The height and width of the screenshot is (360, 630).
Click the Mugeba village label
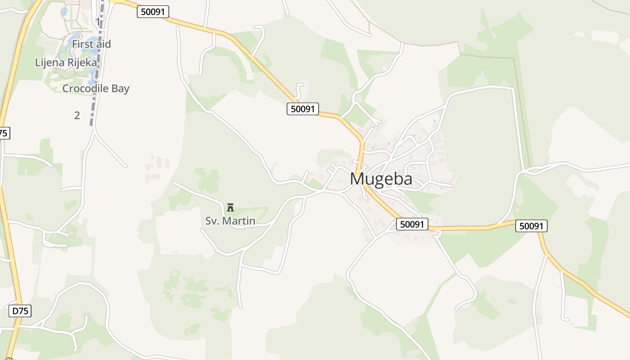pyautogui.click(x=381, y=179)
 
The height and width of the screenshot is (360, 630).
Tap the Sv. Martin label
pyautogui.click(x=230, y=221)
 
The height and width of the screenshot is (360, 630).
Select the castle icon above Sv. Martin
pyautogui.click(x=230, y=207)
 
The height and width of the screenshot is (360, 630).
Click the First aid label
pyautogui.click(x=91, y=44)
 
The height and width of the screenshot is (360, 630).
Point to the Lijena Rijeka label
pyautogui.click(x=66, y=63)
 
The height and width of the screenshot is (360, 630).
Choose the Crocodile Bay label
pyautogui.click(x=95, y=89)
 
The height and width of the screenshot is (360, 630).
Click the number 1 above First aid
pyautogui.click(x=98, y=21)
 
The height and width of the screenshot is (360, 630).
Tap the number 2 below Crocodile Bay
pyautogui.click(x=77, y=116)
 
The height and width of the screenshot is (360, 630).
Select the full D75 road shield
pyautogui.click(x=20, y=310)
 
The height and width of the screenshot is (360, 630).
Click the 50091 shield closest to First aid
pyautogui.click(x=153, y=12)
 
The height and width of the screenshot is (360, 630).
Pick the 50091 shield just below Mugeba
pyautogui.click(x=412, y=224)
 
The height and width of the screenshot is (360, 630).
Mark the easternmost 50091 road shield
pyautogui.click(x=531, y=226)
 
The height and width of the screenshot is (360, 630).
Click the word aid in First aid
pyautogui.click(x=103, y=44)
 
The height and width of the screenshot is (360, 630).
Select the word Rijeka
pyautogui.click(x=82, y=63)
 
